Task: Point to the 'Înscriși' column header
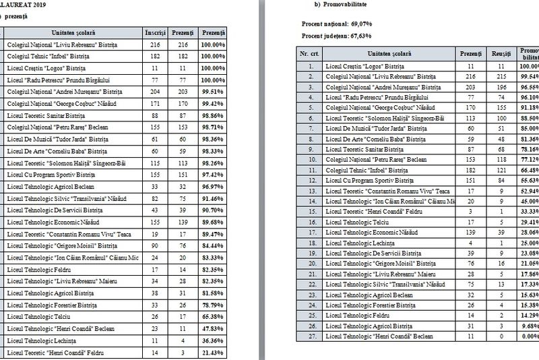pyautogui.click(x=155, y=32)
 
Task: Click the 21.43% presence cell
pyautogui.click(x=214, y=353)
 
